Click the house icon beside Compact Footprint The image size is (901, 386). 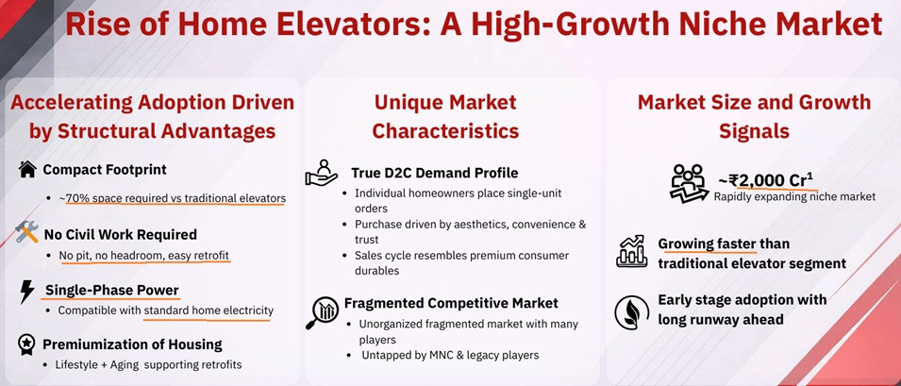27,170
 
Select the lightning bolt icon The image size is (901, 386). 26,291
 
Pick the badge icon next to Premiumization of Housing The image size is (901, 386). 26,344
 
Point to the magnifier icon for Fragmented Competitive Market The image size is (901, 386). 322,312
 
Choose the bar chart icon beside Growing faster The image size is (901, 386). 630,252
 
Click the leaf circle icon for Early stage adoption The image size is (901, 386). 630,310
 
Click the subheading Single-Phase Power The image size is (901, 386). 112,290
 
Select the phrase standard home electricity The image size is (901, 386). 209,310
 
